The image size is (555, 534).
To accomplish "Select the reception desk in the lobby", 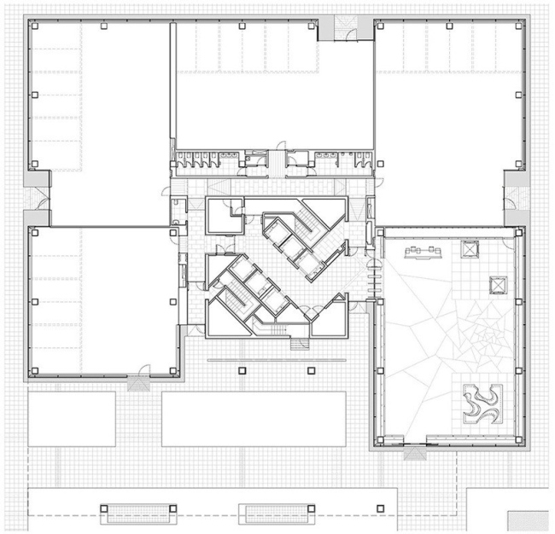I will [424, 251].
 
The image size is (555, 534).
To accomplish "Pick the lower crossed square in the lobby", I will [498, 284].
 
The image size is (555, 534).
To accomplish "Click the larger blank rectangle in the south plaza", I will [253, 419].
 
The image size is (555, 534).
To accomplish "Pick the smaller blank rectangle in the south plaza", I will [71, 419].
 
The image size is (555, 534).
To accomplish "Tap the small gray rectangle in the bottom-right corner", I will [529, 520].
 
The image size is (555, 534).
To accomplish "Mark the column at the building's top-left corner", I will [33, 26].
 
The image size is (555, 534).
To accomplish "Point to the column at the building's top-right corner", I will [518, 26].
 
